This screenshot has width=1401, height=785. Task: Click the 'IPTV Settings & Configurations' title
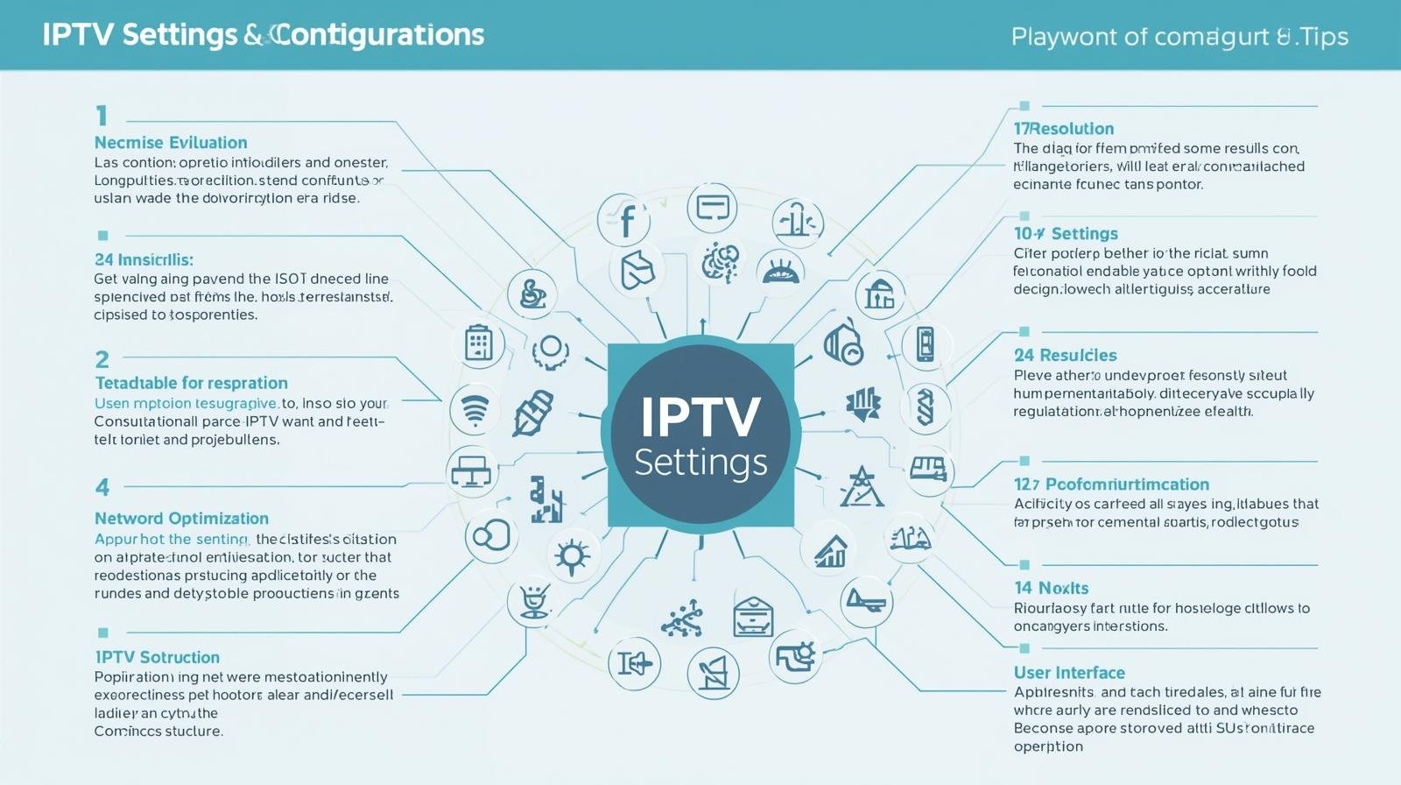click(x=263, y=35)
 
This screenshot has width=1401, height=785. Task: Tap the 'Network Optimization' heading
click(x=181, y=518)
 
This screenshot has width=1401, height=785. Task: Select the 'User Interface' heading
click(x=1069, y=673)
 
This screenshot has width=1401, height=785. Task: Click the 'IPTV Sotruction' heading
click(x=158, y=657)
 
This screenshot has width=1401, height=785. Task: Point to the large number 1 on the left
click(x=102, y=116)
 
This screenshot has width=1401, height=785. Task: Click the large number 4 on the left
click(x=102, y=487)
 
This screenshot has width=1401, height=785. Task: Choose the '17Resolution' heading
click(x=1064, y=129)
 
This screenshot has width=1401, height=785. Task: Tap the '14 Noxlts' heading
click(x=1051, y=588)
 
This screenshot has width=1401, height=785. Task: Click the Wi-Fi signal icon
click(x=475, y=409)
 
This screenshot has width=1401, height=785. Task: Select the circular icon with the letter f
click(x=624, y=219)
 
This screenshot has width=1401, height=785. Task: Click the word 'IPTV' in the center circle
click(x=700, y=417)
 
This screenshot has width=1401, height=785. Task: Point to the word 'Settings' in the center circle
click(x=700, y=462)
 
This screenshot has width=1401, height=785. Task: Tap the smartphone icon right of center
click(x=925, y=343)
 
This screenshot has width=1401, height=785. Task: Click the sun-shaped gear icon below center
click(x=573, y=555)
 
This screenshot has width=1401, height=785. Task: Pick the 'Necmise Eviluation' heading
click(x=171, y=143)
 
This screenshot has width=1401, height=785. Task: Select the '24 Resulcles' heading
click(x=1065, y=355)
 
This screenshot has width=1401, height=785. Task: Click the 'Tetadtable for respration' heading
click(x=191, y=383)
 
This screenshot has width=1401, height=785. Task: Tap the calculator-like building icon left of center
click(x=478, y=343)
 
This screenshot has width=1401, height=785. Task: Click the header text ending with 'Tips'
click(x=1179, y=37)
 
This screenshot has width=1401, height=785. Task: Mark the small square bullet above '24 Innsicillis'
click(x=103, y=236)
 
